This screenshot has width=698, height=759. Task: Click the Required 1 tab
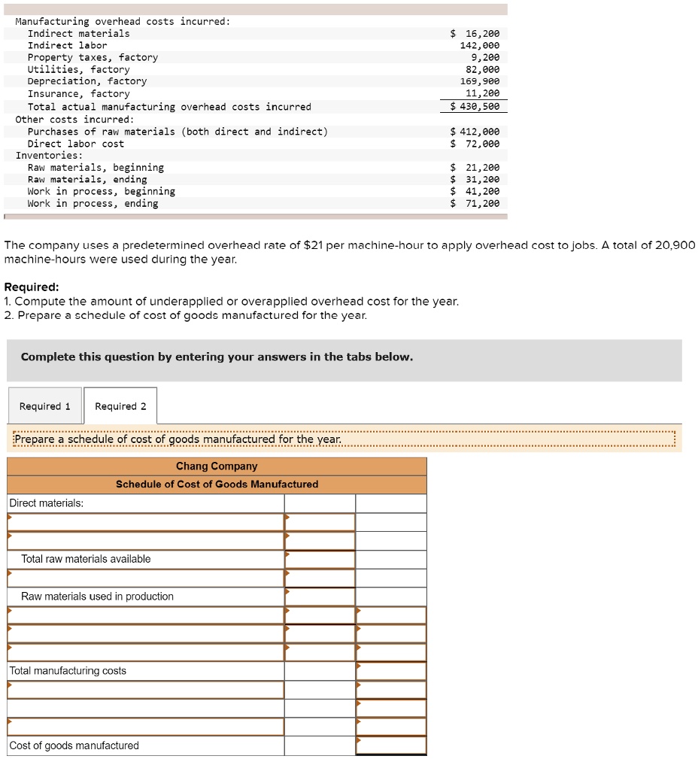point(45,406)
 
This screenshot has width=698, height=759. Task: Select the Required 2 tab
point(120,406)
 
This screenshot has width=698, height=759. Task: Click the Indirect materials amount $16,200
point(475,34)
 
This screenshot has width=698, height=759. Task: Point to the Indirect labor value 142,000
point(480,46)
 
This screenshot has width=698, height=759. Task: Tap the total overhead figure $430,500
point(475,107)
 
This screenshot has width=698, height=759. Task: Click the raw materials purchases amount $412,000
point(475,132)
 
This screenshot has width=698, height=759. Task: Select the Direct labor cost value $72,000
point(475,144)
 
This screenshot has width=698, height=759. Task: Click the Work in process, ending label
point(93,204)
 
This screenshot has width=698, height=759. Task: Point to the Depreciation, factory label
point(87,81)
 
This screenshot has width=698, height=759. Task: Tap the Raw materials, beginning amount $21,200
point(475,168)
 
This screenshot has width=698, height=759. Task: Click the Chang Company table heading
point(217,466)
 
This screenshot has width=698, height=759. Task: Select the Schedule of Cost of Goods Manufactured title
point(217,484)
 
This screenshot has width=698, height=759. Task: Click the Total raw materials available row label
point(86,559)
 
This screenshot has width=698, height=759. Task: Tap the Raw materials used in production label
point(97,597)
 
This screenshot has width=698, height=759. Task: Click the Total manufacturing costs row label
point(68,671)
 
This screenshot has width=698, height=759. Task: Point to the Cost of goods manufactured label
point(74,745)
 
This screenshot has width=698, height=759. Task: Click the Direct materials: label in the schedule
point(46,503)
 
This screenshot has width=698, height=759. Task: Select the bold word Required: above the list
point(32,287)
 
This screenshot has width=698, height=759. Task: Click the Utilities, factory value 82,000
point(483,69)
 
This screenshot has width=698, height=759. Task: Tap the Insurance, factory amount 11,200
point(483,94)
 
